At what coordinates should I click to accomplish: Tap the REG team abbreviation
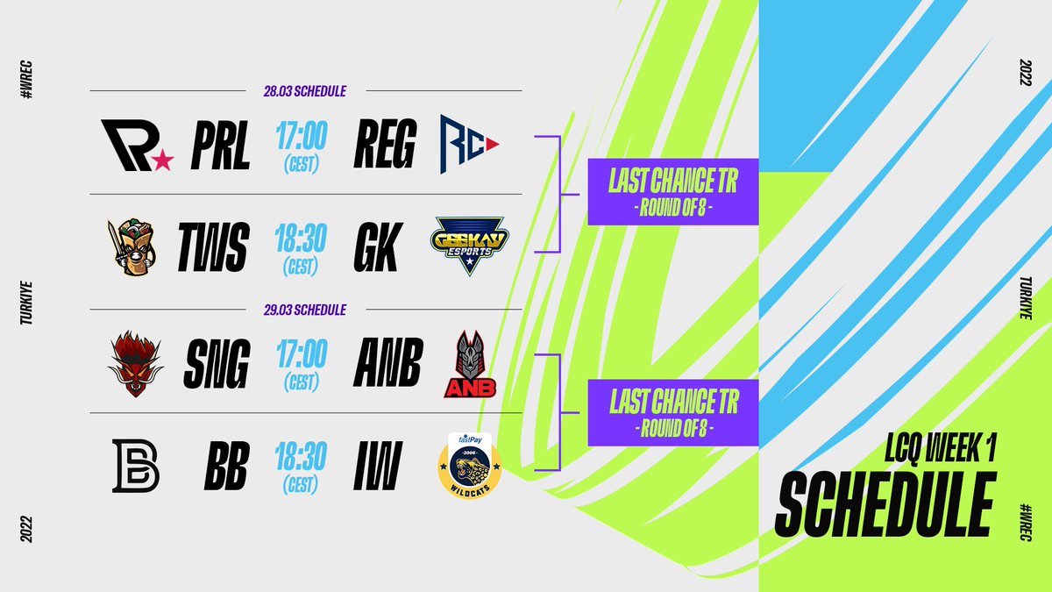coord(385,146)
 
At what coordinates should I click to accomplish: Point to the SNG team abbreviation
coord(217,363)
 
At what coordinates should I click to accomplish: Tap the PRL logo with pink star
coord(136,146)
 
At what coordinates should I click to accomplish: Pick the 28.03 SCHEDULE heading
coord(305,91)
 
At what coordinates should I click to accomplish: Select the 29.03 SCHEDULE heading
coord(305,310)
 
